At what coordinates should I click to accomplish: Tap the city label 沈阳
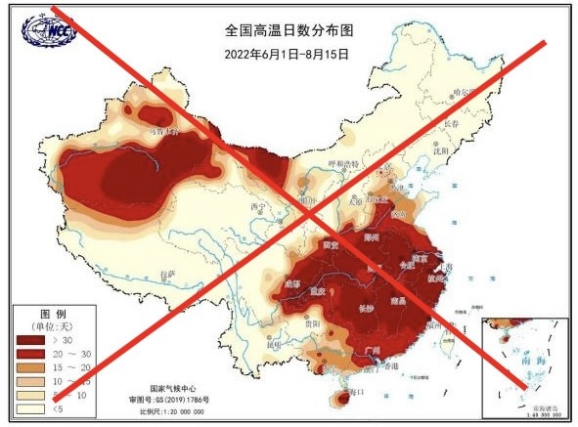tap(446, 151)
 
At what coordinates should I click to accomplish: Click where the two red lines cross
tap(306, 207)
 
